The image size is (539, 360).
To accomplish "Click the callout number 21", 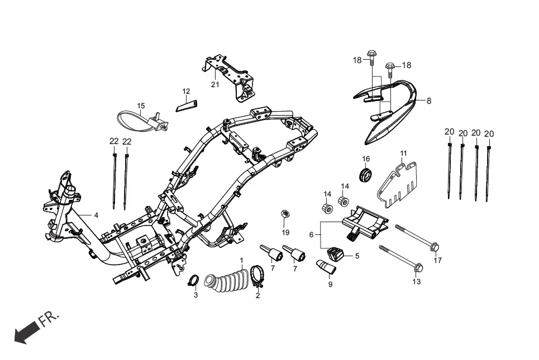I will [215, 85].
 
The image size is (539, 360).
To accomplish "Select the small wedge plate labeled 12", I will [187, 105].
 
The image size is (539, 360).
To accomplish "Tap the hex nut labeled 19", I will [285, 214].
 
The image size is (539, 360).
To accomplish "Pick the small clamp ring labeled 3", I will [194, 280].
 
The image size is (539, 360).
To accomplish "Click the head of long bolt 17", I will [436, 246].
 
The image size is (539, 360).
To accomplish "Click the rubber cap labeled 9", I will [325, 266].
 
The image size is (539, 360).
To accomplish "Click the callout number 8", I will [429, 101].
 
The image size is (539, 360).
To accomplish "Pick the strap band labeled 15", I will [137, 119].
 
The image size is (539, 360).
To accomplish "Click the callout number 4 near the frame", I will [96, 214].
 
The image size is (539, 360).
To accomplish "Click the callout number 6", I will [311, 235].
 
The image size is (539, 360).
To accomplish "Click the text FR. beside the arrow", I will [49, 320].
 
